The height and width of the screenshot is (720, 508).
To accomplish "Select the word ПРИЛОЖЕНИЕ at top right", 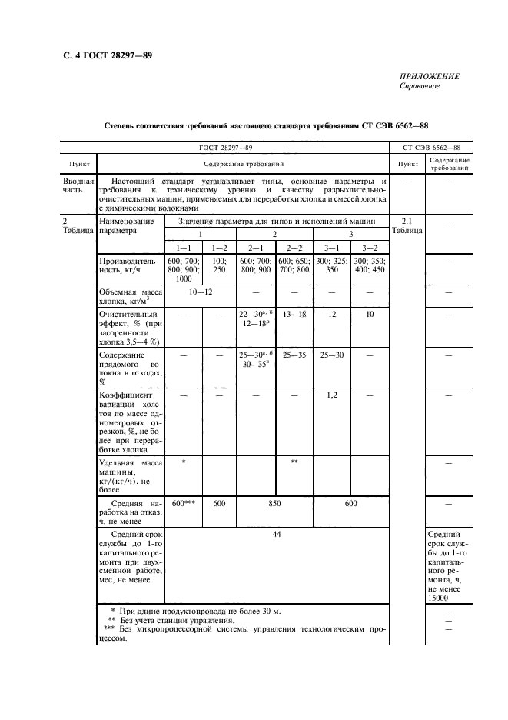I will [430, 76].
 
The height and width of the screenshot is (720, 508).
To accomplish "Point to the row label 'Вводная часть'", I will [78, 186].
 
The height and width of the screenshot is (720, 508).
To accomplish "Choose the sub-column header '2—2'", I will [294, 247].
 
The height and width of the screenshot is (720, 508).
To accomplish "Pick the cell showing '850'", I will [274, 502].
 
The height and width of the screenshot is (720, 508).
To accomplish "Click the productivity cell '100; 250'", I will [219, 265].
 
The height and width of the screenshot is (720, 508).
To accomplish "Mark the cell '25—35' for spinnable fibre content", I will [294, 355].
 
